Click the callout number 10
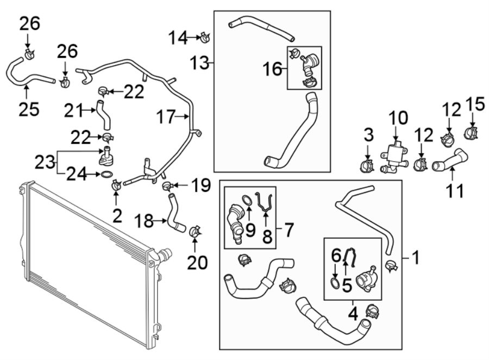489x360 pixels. (398, 119)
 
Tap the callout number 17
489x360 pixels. (166, 117)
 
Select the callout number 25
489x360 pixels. (29, 109)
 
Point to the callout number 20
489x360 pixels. (197, 263)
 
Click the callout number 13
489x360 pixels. (200, 63)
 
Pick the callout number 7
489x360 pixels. (289, 230)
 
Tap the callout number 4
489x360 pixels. (353, 314)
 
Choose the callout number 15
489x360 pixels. (475, 104)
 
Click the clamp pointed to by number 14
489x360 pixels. (205, 38)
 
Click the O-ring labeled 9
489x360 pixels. (247, 200)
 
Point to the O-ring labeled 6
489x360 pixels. (335, 283)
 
